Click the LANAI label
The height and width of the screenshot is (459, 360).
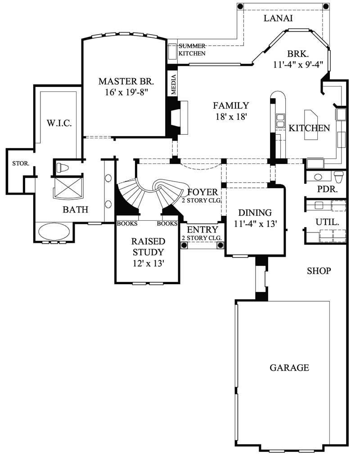point(278,18)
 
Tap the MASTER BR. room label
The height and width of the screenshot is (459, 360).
point(126,82)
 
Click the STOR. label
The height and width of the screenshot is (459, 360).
point(21,164)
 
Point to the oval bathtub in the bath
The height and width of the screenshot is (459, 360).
point(54,232)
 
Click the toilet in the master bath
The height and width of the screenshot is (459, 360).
point(62,168)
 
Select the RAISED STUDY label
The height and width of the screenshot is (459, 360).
point(148,246)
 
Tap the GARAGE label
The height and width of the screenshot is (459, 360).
point(289,368)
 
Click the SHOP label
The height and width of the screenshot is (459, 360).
point(319,271)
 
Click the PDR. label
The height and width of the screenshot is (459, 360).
point(327,189)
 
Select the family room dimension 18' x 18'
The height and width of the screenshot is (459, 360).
point(231,117)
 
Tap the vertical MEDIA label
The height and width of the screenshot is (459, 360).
point(173,84)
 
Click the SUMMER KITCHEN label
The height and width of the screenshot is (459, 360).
point(192,50)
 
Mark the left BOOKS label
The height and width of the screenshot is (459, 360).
point(127,223)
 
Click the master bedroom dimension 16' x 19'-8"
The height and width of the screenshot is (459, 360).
point(126,93)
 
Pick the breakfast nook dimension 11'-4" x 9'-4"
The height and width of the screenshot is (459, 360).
point(298,64)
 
